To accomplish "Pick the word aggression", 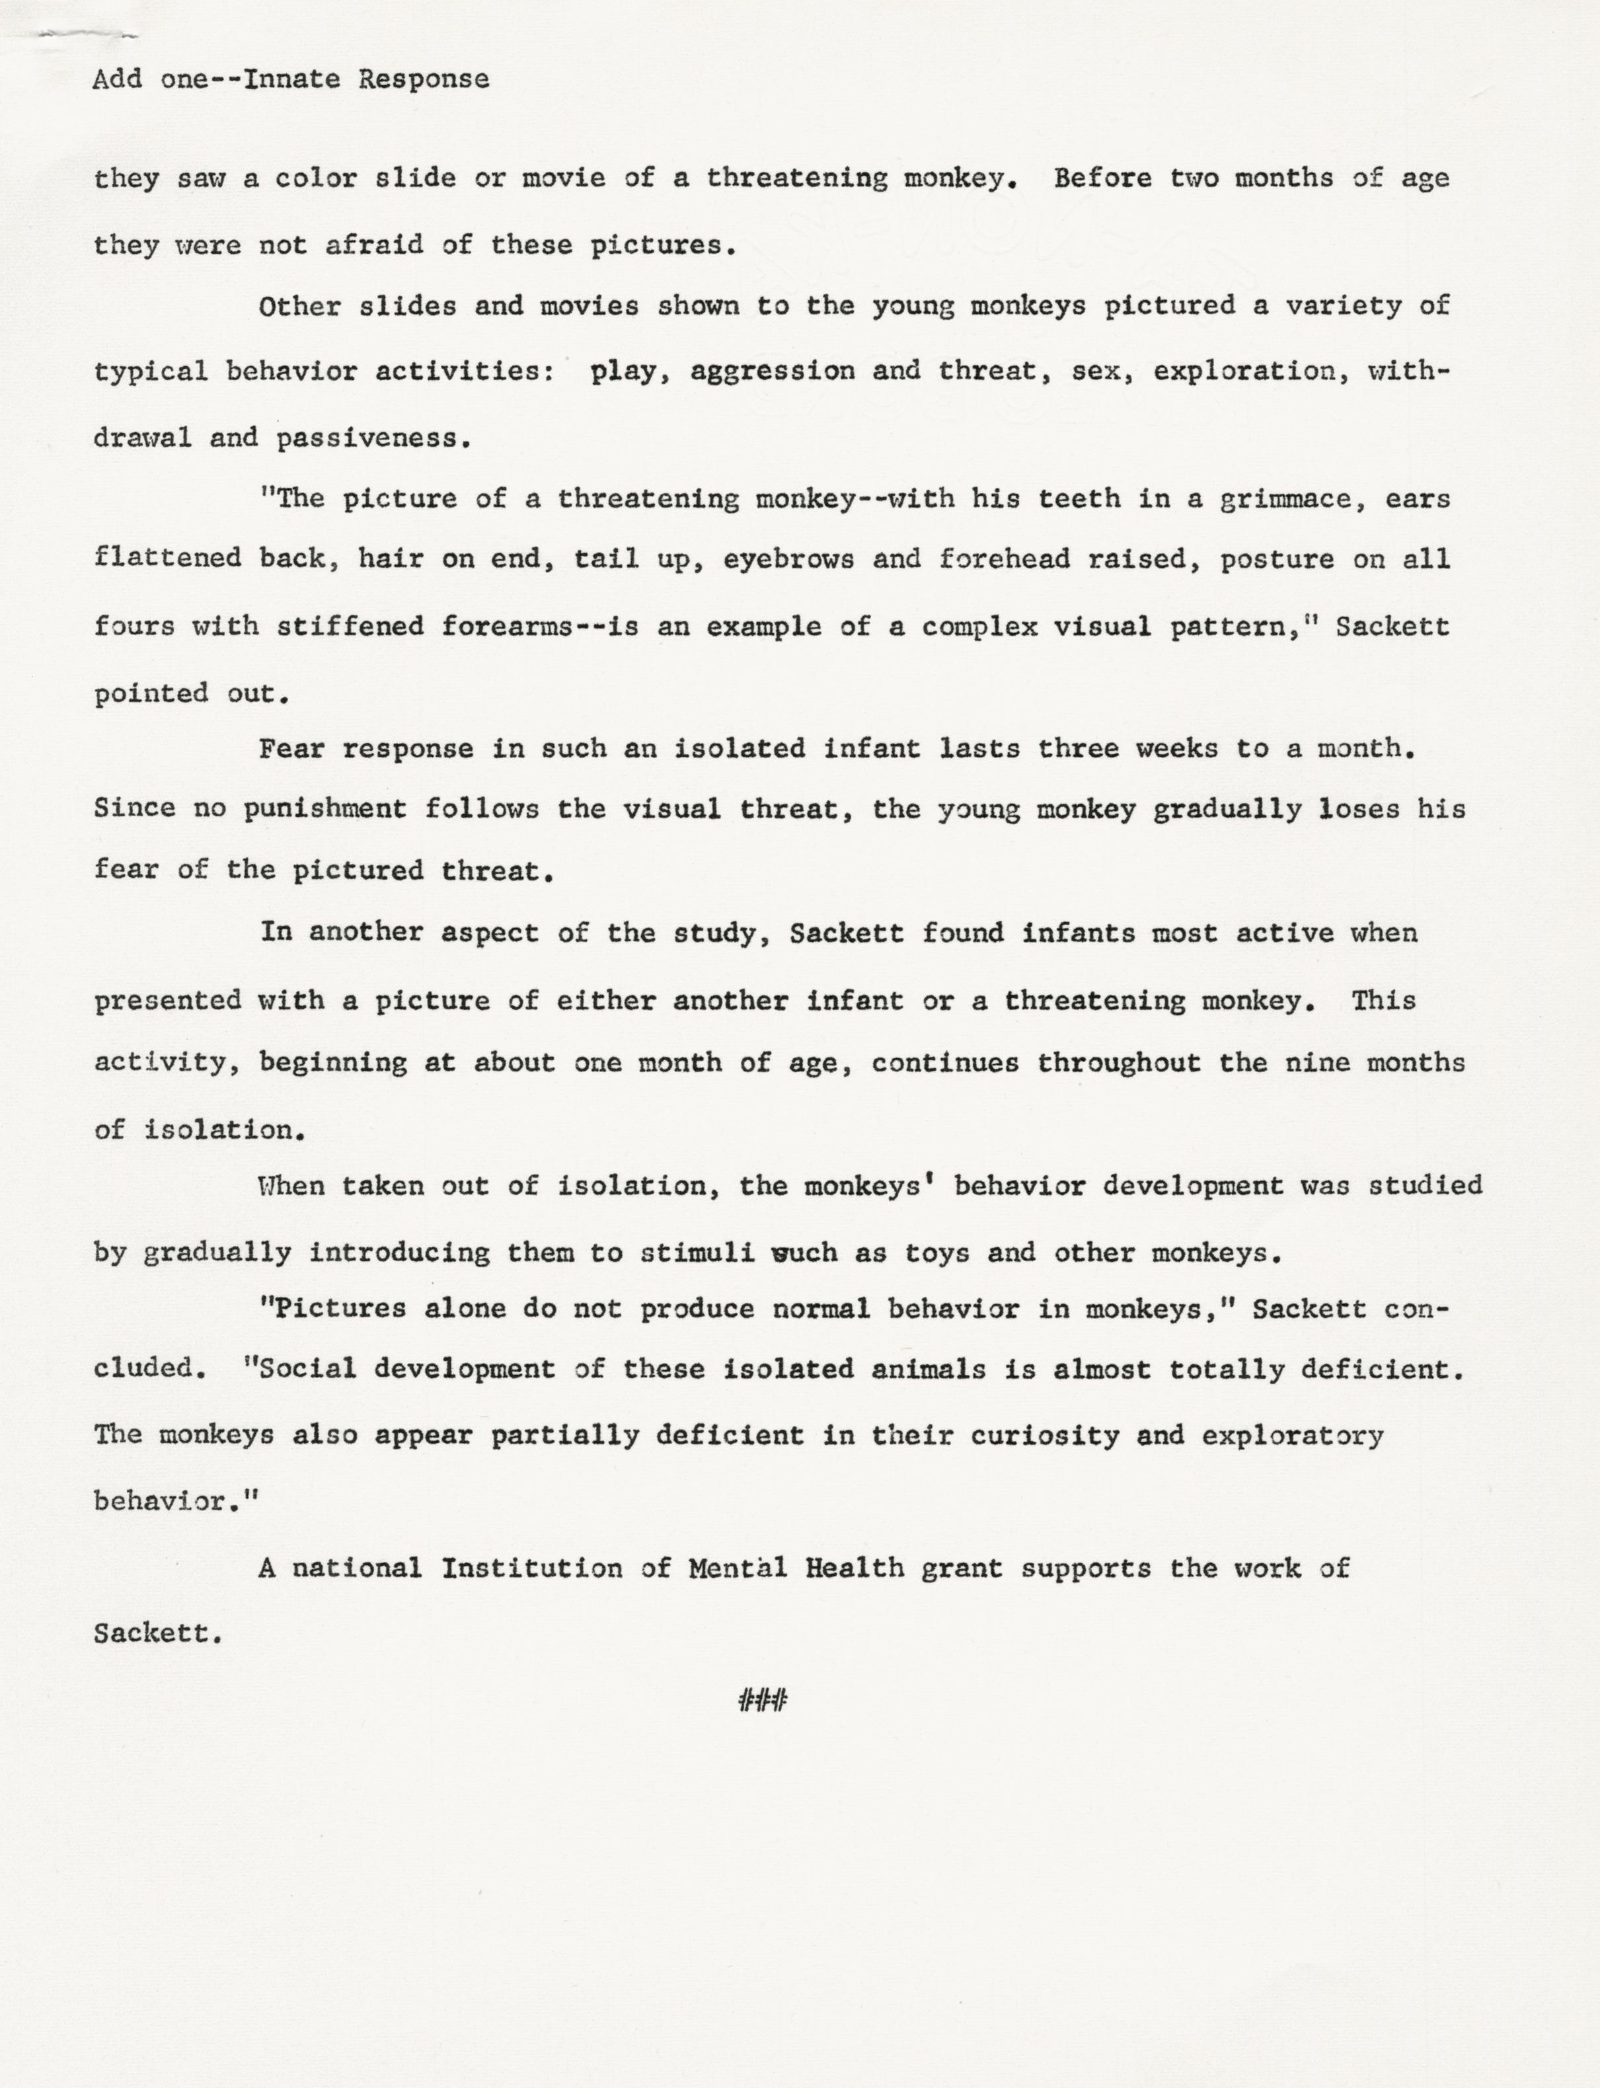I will (x=773, y=371).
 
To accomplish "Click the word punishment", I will (x=324, y=809).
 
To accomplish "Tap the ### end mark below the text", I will (x=762, y=1700).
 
